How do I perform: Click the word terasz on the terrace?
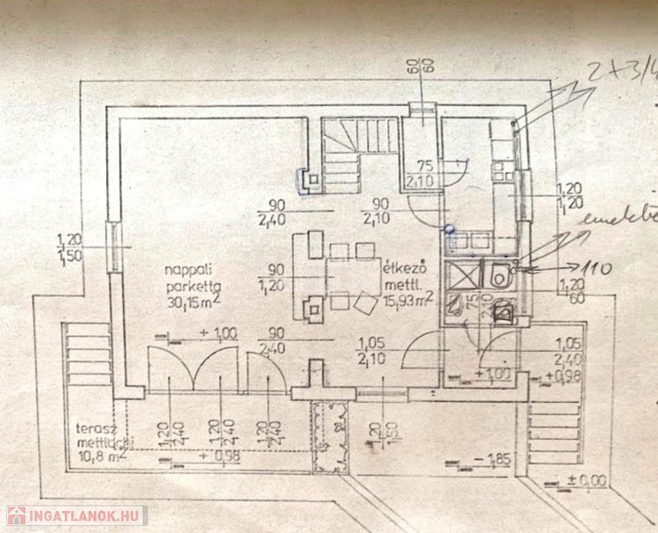tap(93, 428)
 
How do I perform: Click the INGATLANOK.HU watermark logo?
tap(76, 516)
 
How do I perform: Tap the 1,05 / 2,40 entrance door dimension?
tap(569, 351)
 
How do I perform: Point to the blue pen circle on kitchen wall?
tap(450, 228)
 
